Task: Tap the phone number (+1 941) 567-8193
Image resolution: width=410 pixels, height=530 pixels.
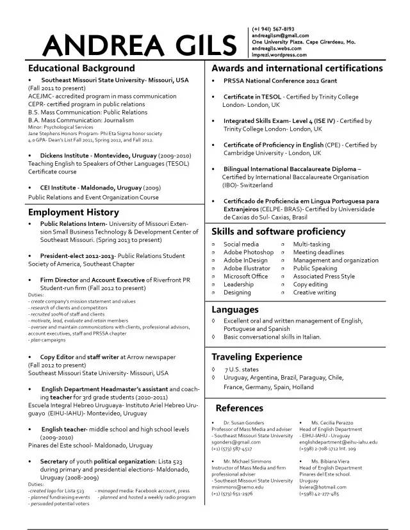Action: pyautogui.click(x=274, y=29)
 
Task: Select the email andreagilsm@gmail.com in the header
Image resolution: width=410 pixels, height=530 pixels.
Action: pyautogui.click(x=281, y=36)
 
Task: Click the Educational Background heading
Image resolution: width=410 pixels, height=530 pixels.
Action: pyautogui.click(x=81, y=68)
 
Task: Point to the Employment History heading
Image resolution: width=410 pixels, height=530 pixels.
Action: pyautogui.click(x=74, y=212)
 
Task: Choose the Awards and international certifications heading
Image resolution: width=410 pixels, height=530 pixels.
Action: pyautogui.click(x=297, y=68)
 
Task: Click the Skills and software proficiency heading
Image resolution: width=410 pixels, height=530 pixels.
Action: pyautogui.click(x=278, y=232)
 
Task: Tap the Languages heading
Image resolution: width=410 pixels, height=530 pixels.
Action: pyautogui.click(x=235, y=310)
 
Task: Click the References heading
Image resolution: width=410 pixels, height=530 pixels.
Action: pyautogui.click(x=239, y=408)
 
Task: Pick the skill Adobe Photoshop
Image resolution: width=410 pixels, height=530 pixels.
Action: pyautogui.click(x=248, y=252)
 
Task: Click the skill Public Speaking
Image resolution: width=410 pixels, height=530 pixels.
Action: pyautogui.click(x=315, y=268)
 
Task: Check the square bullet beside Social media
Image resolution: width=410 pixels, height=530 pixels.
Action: pyautogui.click(x=214, y=245)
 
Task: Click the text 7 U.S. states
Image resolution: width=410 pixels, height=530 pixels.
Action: pyautogui.click(x=242, y=369)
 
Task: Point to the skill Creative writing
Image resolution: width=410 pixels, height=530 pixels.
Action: pyautogui.click(x=315, y=293)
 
